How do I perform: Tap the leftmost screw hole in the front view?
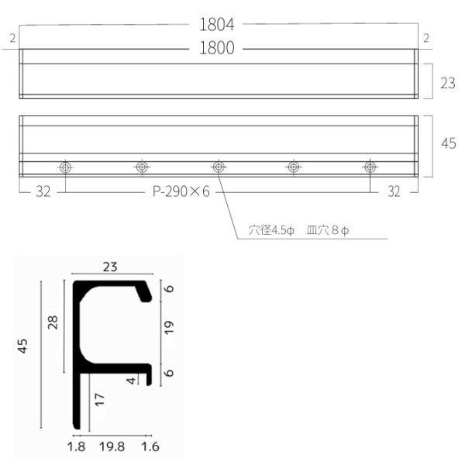[x=65, y=167]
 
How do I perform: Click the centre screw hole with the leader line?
[x=218, y=167]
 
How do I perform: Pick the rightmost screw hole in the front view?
[x=370, y=167]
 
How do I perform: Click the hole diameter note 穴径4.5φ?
[x=272, y=230]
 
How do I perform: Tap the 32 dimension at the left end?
[x=43, y=191]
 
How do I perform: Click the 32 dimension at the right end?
[x=394, y=191]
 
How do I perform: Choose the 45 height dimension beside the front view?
[x=448, y=144]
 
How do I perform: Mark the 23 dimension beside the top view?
[x=448, y=82]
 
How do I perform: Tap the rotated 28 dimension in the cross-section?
[x=53, y=322]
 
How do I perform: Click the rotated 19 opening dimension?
[x=170, y=328]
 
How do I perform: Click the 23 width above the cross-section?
[x=110, y=267]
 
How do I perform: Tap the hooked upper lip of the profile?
[x=143, y=292]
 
